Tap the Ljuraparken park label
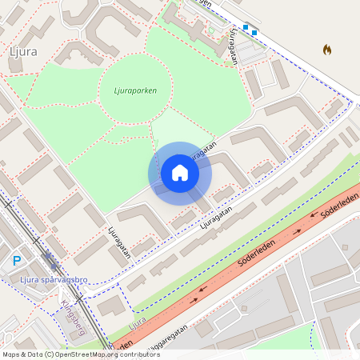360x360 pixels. pos(129,90)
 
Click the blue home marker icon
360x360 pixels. pos(180,173)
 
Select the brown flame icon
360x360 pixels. pos(327,50)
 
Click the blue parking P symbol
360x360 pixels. pos(17,260)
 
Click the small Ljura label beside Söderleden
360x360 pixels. pos(138,322)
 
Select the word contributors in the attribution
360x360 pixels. pos(142,354)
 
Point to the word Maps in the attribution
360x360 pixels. pos(11,354)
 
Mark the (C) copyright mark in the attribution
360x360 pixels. pos(50,354)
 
